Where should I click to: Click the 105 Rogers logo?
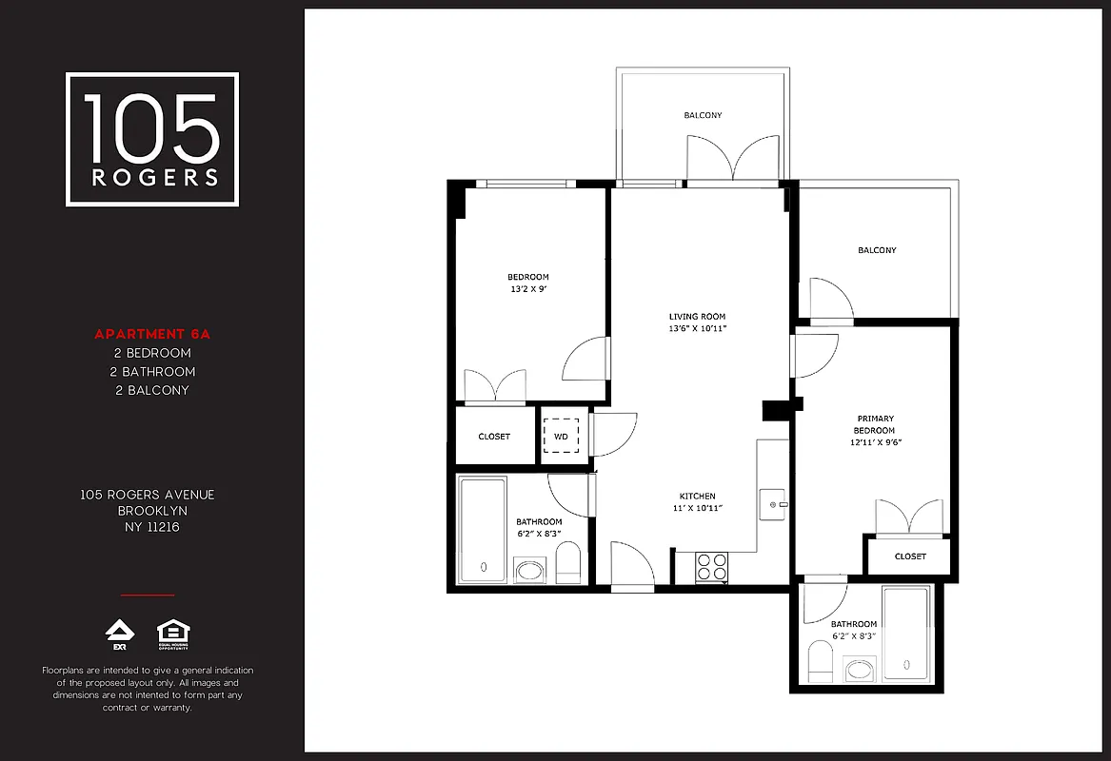coord(152,140)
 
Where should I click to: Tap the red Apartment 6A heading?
coord(151,334)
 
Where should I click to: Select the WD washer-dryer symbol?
coord(561,437)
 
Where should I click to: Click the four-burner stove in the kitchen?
coord(711,567)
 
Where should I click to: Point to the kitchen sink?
coord(773,503)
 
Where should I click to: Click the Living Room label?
coord(697,317)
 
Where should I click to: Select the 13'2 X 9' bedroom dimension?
coord(527,289)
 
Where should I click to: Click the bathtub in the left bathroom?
coord(483,530)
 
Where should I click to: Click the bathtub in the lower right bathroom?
coord(905,633)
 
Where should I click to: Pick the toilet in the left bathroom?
coord(568,564)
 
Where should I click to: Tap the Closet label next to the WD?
coord(494,437)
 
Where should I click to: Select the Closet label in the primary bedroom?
coord(910,556)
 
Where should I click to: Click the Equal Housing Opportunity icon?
coord(171,634)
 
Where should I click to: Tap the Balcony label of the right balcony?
coord(877,250)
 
